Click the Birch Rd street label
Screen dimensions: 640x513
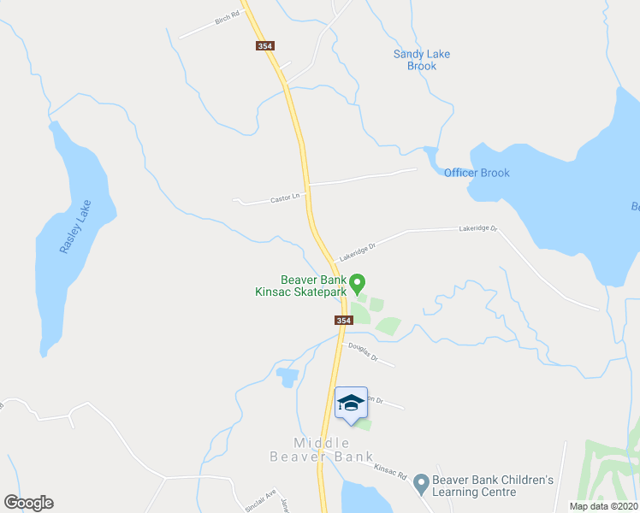(227, 19)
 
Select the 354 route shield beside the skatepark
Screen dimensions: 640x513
(343, 320)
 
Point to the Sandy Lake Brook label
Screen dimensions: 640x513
(422, 60)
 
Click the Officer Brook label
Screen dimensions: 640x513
(477, 173)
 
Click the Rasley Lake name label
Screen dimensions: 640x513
(75, 226)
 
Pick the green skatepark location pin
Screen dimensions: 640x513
(359, 282)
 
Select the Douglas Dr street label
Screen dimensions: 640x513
(361, 351)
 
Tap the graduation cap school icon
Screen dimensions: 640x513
(350, 403)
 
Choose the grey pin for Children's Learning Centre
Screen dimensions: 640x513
(421, 485)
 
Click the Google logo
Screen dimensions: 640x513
(28, 503)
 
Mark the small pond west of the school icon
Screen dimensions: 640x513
(287, 376)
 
